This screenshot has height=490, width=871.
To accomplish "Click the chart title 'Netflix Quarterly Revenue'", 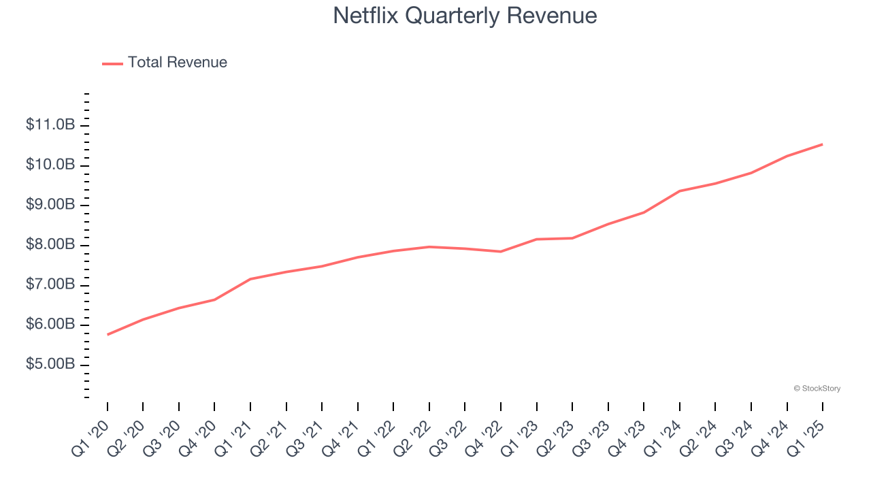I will click(465, 16).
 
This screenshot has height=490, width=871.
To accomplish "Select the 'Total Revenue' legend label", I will click(177, 63).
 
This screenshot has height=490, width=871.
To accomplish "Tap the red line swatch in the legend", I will click(112, 63).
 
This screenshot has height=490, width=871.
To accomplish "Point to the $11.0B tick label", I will click(50, 125).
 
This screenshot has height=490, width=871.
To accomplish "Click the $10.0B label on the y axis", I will click(50, 165).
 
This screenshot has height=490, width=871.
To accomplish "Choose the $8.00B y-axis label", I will click(50, 245).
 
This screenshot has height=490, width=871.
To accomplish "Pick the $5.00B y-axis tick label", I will click(50, 365).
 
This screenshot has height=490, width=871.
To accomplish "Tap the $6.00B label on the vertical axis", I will click(50, 325).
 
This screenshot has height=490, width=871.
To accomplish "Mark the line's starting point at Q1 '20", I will click(108, 334).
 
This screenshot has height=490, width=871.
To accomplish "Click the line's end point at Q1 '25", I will click(822, 144).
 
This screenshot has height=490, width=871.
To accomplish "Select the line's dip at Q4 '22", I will click(501, 252).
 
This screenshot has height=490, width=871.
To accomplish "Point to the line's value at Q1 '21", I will click(250, 279).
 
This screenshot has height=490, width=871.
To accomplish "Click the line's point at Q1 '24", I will click(679, 191).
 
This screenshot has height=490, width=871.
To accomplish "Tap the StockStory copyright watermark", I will click(817, 389).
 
